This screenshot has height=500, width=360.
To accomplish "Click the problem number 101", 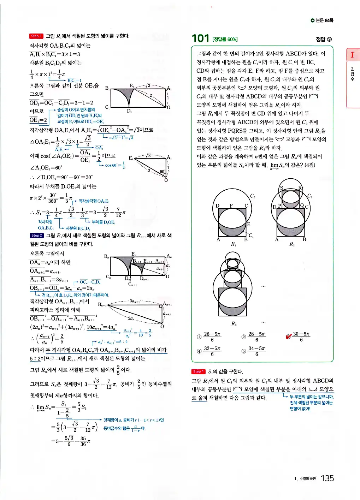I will tap(200, 38).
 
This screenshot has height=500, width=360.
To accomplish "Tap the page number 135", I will tap(327, 478).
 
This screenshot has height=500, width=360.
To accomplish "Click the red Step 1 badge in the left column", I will tap(36, 36).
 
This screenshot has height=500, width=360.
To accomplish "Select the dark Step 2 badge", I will tap(36, 236).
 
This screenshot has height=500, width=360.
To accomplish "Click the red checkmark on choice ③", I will tap(289, 337).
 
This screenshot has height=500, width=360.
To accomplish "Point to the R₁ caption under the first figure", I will tap(234, 244).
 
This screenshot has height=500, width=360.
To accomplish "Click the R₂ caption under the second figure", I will tap(292, 244).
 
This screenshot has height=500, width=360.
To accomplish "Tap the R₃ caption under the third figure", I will tap(234, 323).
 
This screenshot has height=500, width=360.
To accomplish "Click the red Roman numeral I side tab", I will tap(352, 55).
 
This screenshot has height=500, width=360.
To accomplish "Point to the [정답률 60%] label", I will tap(225, 39).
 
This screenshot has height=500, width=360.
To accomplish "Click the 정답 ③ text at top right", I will tap(324, 39).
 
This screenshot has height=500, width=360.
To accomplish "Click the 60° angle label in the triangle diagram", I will tap(162, 172).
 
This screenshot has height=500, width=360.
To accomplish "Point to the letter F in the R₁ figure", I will tap(231, 206).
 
